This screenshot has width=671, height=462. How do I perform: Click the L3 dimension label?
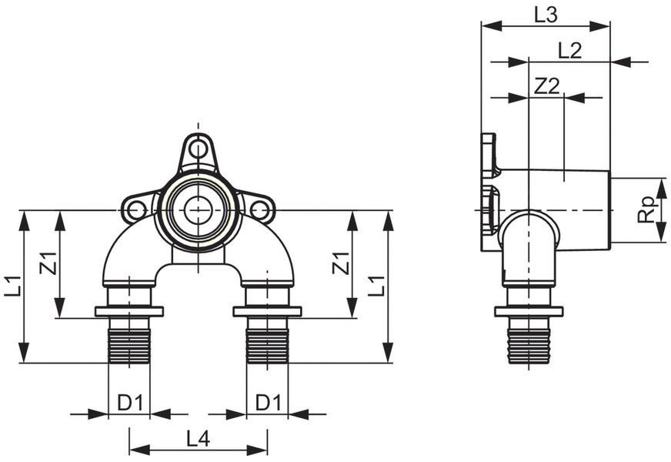pyautogui.click(x=546, y=15)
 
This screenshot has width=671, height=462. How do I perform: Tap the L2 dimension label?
pyautogui.click(x=570, y=51)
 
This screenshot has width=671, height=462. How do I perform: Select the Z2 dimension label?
pyautogui.click(x=547, y=86)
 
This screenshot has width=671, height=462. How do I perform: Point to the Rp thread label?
pyautogui.click(x=647, y=209)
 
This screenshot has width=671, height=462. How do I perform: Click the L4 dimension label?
pyautogui.click(x=198, y=438)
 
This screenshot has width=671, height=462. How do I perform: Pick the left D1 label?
pyautogui.click(x=130, y=403)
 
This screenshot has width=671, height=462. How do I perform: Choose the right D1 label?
pyautogui.click(x=269, y=403)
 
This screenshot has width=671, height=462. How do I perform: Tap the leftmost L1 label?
pyautogui.click(x=13, y=286)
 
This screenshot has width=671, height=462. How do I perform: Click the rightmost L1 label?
pyautogui.click(x=376, y=286)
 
